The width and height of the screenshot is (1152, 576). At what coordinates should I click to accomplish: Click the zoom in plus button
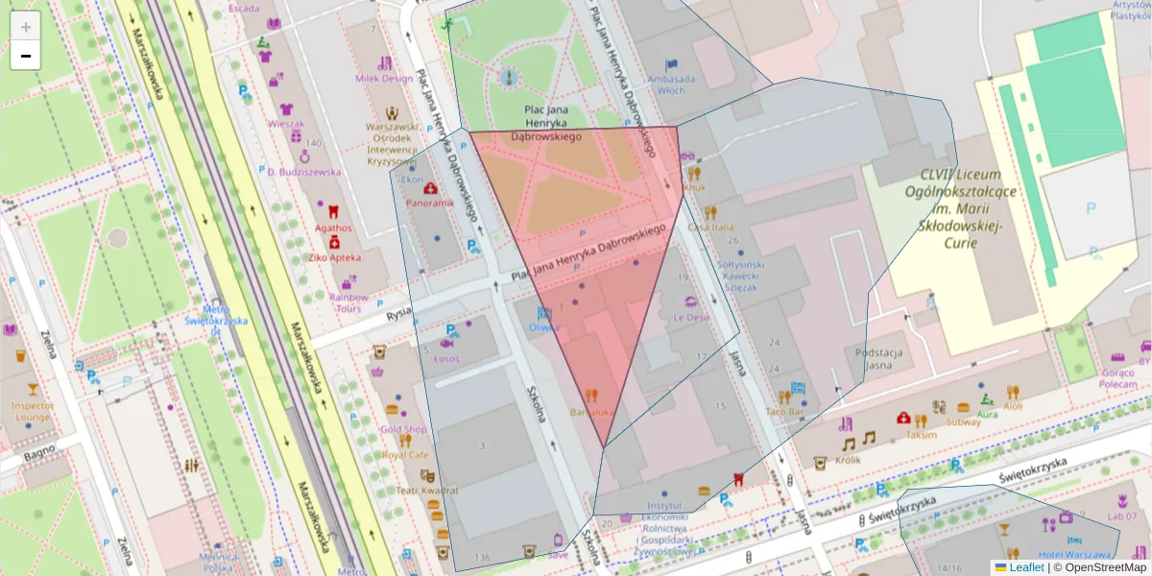click(x=26, y=26)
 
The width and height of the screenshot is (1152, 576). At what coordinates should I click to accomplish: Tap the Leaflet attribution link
click(x=1026, y=567)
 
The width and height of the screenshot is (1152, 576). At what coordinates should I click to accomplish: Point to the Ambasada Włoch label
click(x=671, y=84)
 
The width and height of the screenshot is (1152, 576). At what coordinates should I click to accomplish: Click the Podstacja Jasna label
click(x=879, y=358)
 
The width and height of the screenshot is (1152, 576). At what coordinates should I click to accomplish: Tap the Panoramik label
click(x=429, y=204)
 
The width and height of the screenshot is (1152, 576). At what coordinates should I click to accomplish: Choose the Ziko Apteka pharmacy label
click(x=334, y=257)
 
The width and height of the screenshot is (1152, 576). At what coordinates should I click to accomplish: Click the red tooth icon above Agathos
click(x=333, y=211)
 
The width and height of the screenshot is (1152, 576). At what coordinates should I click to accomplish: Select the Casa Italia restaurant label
click(x=710, y=227)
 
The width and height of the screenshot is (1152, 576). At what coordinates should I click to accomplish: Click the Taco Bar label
click(x=784, y=411)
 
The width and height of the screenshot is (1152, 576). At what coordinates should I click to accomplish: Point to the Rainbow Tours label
click(x=348, y=301)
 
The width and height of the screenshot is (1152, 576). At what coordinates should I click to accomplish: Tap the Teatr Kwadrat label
click(x=427, y=491)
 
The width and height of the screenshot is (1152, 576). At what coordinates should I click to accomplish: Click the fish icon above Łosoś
click(x=446, y=343)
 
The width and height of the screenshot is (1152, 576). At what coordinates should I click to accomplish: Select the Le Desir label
click(x=691, y=317)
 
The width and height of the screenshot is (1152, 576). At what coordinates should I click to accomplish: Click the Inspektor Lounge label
click(x=32, y=411)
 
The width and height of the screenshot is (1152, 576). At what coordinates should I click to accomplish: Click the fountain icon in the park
click(x=510, y=76)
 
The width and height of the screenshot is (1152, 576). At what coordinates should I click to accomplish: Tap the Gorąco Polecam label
click(x=1117, y=378)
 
